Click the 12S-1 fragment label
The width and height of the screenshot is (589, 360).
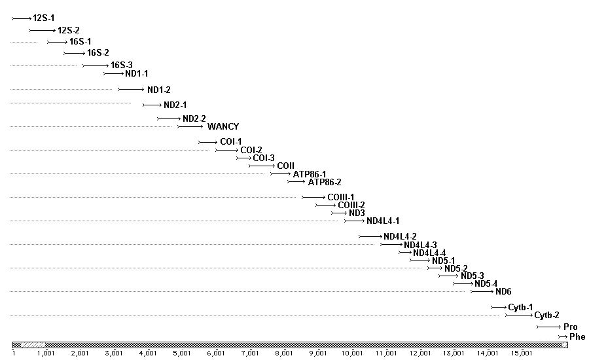43,18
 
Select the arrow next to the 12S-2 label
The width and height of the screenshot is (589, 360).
43,30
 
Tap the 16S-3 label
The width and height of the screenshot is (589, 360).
122,65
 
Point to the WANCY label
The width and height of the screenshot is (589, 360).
223,126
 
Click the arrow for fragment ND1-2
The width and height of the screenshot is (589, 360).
130,89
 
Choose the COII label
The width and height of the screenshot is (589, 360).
285,166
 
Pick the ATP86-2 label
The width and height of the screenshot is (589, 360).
325,182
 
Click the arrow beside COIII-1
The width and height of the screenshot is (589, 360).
313,197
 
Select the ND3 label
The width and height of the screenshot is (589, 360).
357,213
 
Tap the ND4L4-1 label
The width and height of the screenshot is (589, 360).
383,221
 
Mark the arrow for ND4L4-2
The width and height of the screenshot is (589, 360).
370,236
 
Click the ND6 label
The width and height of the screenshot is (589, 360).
503,291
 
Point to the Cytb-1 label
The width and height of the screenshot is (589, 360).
520,307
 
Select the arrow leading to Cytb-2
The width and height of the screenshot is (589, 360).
518,315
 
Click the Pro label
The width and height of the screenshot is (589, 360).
570,326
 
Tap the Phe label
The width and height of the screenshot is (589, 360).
577,336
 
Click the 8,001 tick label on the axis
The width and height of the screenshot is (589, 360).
283,353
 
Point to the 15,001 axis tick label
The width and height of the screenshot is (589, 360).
521,353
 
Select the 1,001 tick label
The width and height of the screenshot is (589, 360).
45,353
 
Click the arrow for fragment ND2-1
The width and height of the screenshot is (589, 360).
152,105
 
